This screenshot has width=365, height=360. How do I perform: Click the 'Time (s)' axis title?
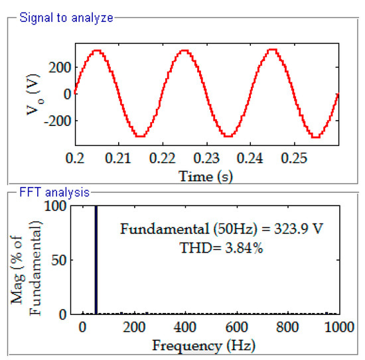click(206, 176)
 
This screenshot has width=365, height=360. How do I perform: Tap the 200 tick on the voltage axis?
click(60, 67)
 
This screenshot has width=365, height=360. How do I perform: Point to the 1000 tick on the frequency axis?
click(338, 328)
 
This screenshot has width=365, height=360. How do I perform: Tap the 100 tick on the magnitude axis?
click(60, 206)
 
